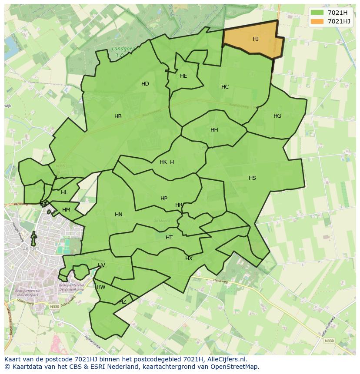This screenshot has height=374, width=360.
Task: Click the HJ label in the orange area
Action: click(256, 39)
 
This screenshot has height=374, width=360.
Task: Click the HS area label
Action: click(252, 178)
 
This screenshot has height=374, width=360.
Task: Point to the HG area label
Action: click(277, 116)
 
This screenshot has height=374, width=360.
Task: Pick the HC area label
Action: click(225, 87)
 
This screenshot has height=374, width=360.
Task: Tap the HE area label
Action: click(183, 76)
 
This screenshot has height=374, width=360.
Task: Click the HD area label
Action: click(145, 84)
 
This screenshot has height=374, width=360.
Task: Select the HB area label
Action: click(118, 116)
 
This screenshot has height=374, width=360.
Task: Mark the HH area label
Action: click(214, 130)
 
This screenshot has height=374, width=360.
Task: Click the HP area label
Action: click(164, 199)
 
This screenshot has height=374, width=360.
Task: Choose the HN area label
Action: click(119, 215)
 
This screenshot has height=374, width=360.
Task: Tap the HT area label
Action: click(169, 238)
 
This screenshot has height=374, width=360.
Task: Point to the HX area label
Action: click(189, 258)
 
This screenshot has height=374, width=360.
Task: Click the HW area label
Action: click(101, 287)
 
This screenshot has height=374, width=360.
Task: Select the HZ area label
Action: click(123, 302)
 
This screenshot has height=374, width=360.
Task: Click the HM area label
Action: click(66, 210)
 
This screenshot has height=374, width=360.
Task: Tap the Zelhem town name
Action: click(32, 248)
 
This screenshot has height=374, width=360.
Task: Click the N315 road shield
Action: click(60, 166)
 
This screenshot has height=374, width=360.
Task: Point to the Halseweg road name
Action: click(220, 281)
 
